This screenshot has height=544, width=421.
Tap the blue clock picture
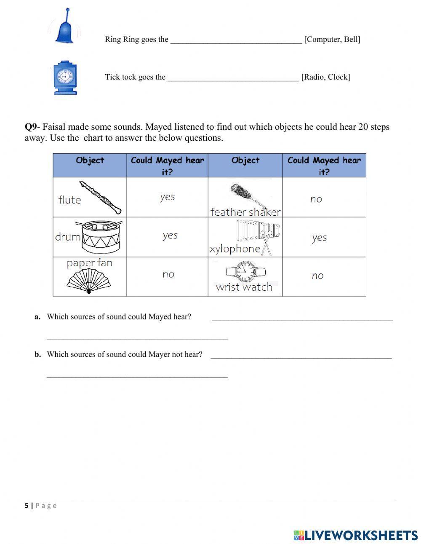coord(65,78)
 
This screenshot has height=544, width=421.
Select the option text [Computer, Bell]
coord(332,39)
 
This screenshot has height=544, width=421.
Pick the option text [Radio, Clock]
coord(325,77)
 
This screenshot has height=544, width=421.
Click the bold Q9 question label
coord(31,127)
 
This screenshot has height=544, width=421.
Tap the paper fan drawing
coord(88,281)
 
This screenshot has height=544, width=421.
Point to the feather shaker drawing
coord(247,195)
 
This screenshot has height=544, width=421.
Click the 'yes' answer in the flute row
coord(167,197)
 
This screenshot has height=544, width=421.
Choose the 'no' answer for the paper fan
coord(168,275)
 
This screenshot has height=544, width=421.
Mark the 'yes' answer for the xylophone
coord(319,238)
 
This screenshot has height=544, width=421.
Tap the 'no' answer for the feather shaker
coord(316,199)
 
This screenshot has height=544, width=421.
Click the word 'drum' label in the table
coord(67,237)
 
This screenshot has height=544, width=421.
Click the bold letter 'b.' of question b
coord(38,354)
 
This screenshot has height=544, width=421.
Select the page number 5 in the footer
coord(27,506)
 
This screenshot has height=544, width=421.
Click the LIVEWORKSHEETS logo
coord(356,535)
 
